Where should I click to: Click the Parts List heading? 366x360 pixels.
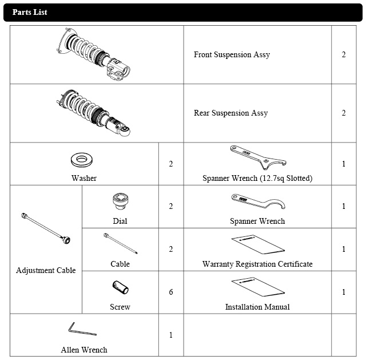pyautogui.click(x=30, y=12)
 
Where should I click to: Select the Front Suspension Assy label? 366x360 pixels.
pyautogui.click(x=232, y=55)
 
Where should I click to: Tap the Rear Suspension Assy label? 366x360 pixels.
pyautogui.click(x=230, y=113)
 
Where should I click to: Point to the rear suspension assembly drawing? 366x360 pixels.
pyautogui.click(x=94, y=113)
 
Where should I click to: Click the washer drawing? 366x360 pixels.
pyautogui.click(x=83, y=159)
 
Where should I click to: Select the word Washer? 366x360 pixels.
pyautogui.click(x=84, y=178)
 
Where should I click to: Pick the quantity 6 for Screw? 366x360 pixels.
pyautogui.click(x=170, y=292)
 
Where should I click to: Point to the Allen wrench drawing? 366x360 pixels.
pyautogui.click(x=82, y=330)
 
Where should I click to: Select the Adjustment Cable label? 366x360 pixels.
pyautogui.click(x=46, y=270)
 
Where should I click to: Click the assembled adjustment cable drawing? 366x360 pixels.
pyautogui.click(x=46, y=228)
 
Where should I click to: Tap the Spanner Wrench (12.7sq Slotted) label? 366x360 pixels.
pyautogui.click(x=257, y=178)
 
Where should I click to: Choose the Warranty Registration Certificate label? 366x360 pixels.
pyautogui.click(x=257, y=264)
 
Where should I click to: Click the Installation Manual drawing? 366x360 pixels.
pyautogui.click(x=257, y=287)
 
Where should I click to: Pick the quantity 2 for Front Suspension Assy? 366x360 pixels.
pyautogui.click(x=344, y=55)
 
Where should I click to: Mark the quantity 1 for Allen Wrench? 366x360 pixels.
pyautogui.click(x=170, y=335)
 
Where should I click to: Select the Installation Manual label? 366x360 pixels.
pyautogui.click(x=257, y=307)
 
